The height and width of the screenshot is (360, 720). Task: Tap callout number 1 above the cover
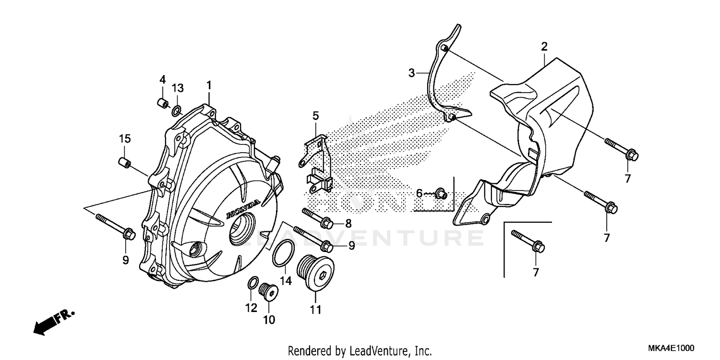(x=209, y=85)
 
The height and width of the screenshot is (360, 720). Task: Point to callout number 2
(x=544, y=47)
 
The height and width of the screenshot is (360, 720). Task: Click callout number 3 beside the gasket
(x=411, y=73)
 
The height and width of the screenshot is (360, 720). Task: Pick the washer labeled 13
(x=176, y=112)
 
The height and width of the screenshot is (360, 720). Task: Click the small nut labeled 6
(x=441, y=194)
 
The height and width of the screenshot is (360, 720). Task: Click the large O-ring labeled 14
(x=282, y=253)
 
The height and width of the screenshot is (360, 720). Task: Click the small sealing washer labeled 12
(x=253, y=283)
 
